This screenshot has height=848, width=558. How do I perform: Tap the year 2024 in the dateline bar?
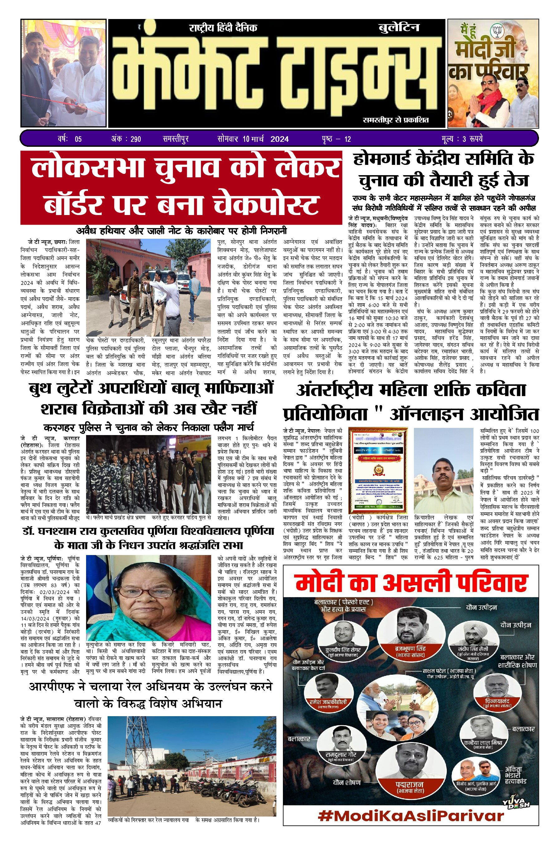pos(279,139)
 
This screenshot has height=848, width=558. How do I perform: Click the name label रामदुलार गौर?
pos(341,755)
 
